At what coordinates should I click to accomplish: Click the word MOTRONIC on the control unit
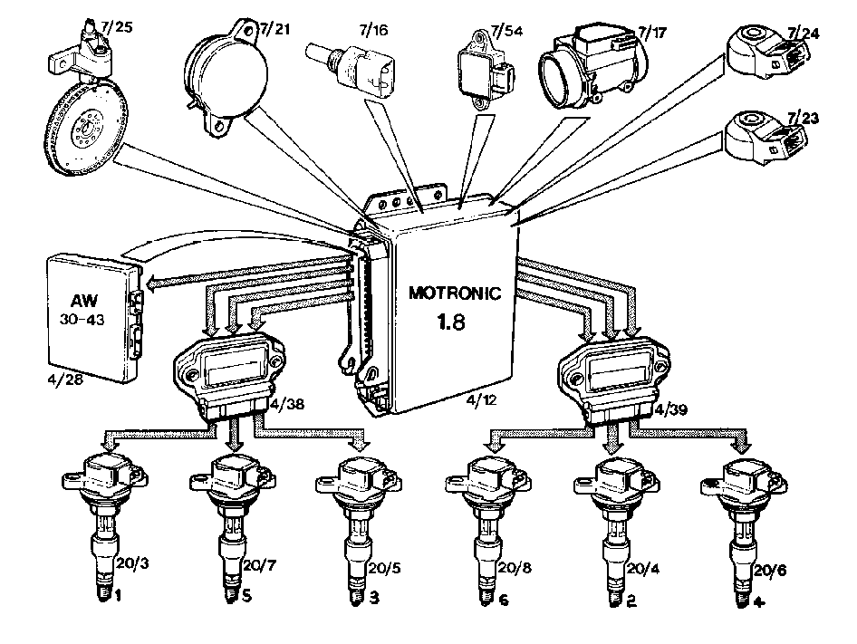click(455, 293)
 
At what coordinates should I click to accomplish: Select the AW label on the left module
click(84, 300)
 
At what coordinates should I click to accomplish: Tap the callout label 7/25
click(117, 26)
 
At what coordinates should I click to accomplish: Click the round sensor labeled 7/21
click(226, 75)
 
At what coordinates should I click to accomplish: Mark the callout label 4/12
click(482, 400)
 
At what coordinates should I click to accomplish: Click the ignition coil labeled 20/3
click(105, 525)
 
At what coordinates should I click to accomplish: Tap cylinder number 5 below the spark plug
click(247, 595)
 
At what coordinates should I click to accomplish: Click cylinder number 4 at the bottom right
click(759, 602)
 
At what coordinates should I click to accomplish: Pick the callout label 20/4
click(643, 569)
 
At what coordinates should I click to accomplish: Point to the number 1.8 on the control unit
click(451, 322)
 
